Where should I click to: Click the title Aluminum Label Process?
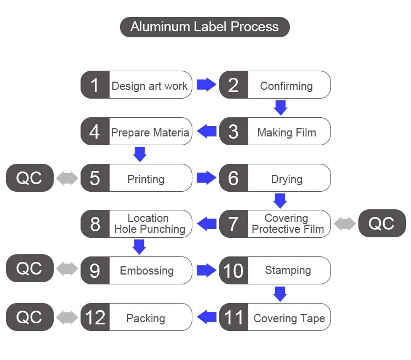pos(204,26)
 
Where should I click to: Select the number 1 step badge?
pos(95,85)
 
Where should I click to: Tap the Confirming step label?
pos(286,86)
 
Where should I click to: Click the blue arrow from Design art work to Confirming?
pos(206,85)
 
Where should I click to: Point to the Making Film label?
pos(286,132)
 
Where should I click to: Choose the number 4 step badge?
pos(95,132)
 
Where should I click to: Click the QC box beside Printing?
pos(30,179)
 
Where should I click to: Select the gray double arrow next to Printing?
pos(67,179)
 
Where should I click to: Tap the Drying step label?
pos(286,179)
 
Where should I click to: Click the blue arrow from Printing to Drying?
pos(206,178)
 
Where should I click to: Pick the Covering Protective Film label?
pos(287,224)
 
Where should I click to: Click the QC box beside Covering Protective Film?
pos(382,224)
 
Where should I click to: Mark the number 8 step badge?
pos(95,224)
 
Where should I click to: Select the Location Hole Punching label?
pos(149,224)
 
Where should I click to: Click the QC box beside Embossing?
pos(30,268)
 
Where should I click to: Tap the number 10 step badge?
pos(233,270)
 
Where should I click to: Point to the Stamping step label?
pos(288,270)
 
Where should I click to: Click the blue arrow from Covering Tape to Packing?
pos(206,317)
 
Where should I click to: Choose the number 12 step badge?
pos(95,317)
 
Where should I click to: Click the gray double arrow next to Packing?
pos(67,317)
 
